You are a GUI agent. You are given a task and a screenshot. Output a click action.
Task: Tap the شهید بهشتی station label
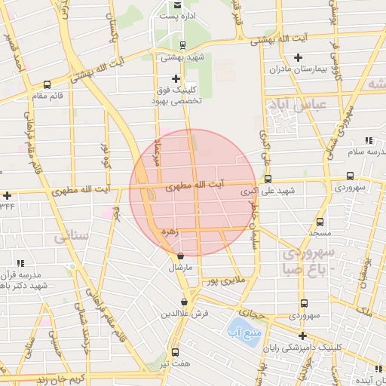coord(179,57)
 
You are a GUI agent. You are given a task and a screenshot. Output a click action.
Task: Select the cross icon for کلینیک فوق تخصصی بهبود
coord(176,78)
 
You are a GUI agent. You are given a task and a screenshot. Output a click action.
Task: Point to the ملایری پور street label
coord(225,281)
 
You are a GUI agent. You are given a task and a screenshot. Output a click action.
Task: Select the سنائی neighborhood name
coord(72,237)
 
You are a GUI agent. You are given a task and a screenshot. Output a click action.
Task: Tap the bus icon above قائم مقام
coord(47,85)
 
